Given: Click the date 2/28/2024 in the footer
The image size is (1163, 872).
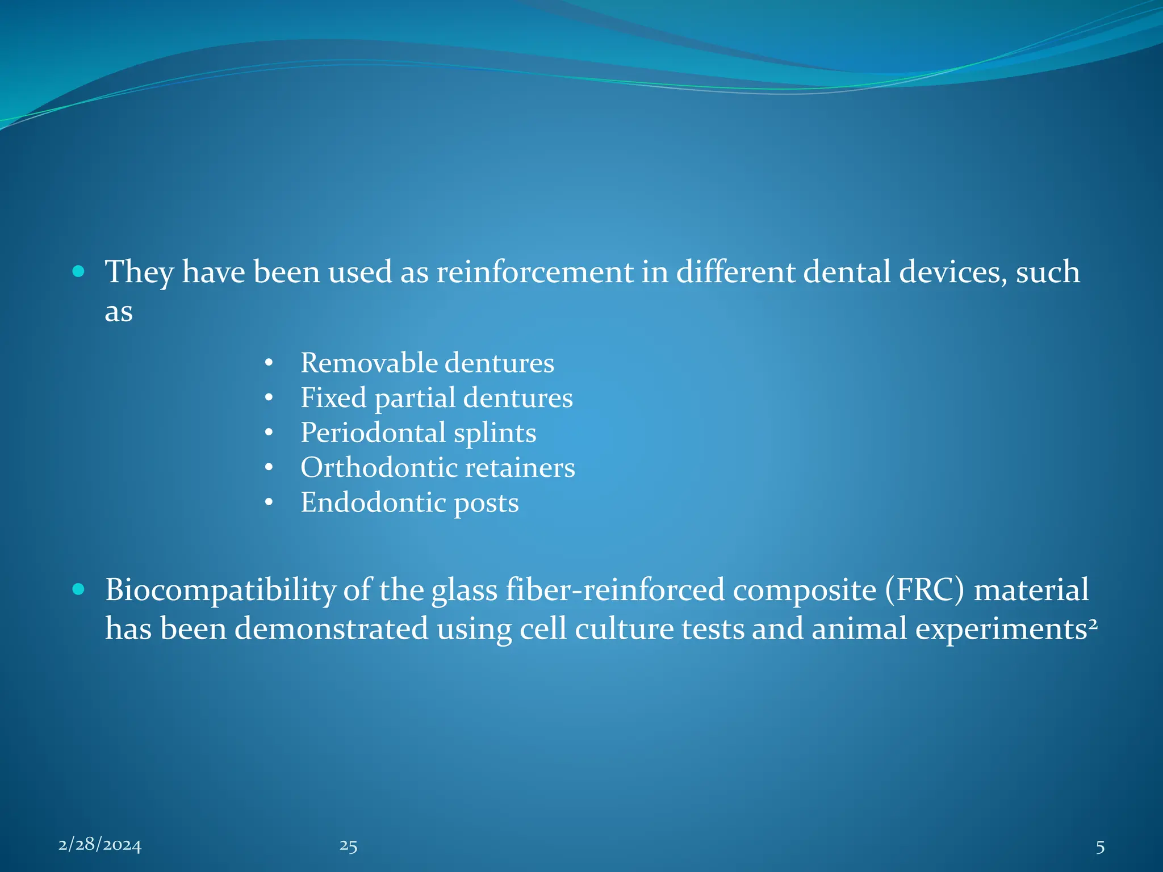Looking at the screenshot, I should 99,845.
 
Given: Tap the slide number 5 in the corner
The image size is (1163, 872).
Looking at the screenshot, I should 1100,847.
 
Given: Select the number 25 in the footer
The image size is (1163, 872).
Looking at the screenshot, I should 348,846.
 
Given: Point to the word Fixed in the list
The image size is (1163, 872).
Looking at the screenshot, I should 333,397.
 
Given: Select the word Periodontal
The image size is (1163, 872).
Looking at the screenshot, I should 373,433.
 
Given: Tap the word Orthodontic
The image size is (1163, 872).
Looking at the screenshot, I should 378,468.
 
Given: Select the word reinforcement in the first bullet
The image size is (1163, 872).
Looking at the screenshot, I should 534,272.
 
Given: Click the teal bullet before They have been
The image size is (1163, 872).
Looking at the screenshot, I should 79,272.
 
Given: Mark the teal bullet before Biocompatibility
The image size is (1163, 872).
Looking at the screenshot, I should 79,590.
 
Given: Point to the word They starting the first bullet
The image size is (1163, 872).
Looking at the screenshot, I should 139,272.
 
